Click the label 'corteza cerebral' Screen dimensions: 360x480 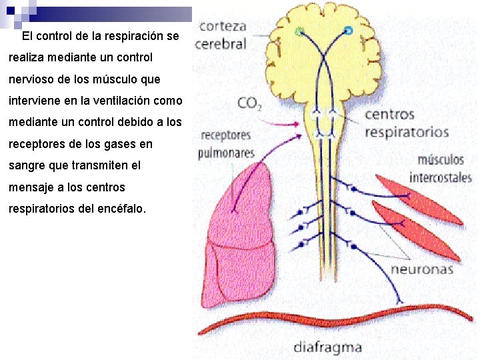click(223, 36)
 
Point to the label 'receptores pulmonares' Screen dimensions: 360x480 click(226, 144)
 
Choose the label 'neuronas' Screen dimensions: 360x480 click(421, 269)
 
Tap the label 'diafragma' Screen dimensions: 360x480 click(327, 347)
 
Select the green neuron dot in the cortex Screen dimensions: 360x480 click(299, 31)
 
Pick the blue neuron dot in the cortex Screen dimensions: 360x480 click(348, 31)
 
